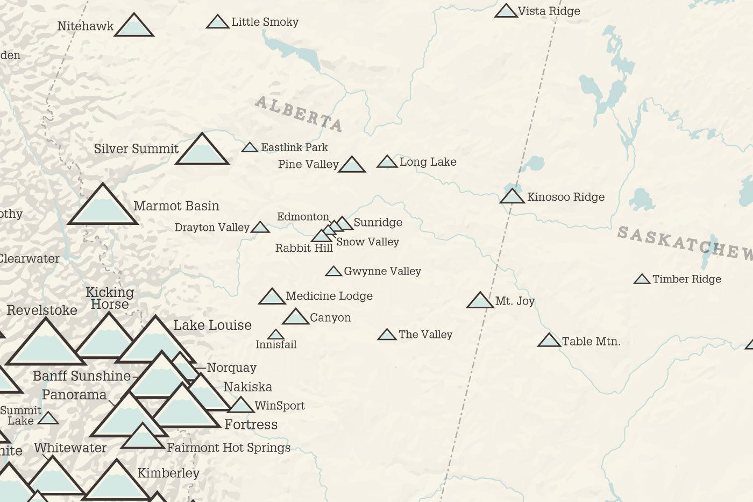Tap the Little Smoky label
[265, 22]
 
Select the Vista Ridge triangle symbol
[506, 12]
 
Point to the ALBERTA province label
[299, 114]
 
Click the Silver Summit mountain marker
[202, 151]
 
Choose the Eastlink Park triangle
[250, 147]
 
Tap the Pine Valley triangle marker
[352, 165]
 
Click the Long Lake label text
[428, 162]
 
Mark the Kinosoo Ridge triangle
[512, 197]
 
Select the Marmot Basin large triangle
[103, 206]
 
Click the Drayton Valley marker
[260, 228]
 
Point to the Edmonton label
[303, 217]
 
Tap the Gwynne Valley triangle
[333, 272]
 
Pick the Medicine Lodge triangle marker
[272, 297]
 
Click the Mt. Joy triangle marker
[480, 301]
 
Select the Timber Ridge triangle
[642, 279]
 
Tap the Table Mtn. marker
[549, 341]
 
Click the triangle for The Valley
[387, 335]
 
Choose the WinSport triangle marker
[241, 406]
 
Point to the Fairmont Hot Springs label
[229, 448]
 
